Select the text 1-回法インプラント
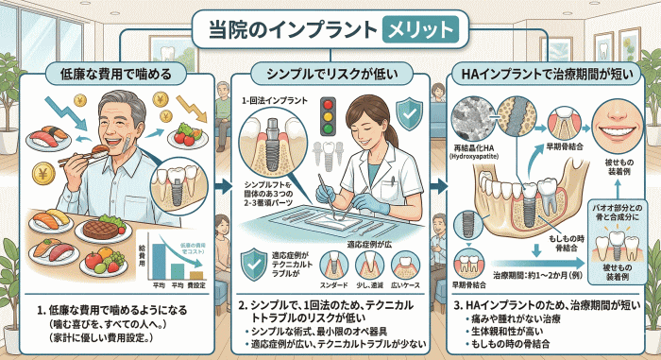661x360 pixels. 274,97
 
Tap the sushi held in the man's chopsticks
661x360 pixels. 93,149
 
